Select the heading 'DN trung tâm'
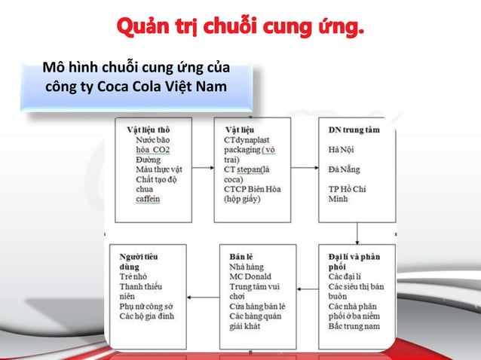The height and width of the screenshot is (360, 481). pos(354,130)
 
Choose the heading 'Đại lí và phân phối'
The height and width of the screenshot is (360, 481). pos(354,262)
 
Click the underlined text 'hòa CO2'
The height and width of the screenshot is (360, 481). pos(153,150)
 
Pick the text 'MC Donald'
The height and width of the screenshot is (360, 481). pos(250,276)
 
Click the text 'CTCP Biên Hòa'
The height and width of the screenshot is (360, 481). pos(253,189)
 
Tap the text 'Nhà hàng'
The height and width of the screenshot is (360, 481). pos(247,267)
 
